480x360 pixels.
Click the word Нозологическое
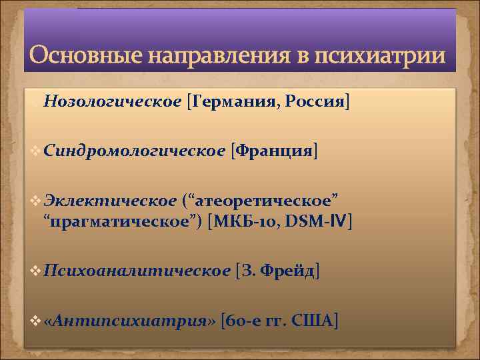pyautogui.click(x=113, y=101)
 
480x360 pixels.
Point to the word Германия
pyautogui.click(x=233, y=101)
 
